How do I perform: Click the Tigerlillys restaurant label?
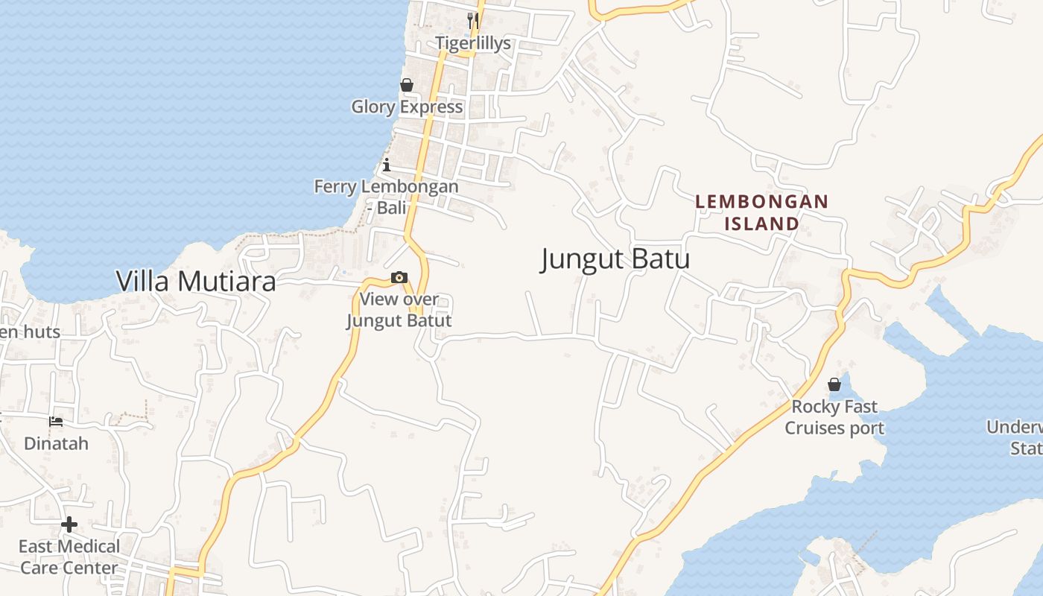pyautogui.click(x=473, y=43)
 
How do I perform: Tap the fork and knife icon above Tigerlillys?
pyautogui.click(x=472, y=19)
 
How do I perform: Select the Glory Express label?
pyautogui.click(x=407, y=107)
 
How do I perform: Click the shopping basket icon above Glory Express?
pyautogui.click(x=407, y=85)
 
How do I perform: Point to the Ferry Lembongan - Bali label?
pyautogui.click(x=386, y=197)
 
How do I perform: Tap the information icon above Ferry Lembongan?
pyautogui.click(x=386, y=165)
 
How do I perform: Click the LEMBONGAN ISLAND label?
pyautogui.click(x=761, y=212)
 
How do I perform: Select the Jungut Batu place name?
pyautogui.click(x=615, y=259)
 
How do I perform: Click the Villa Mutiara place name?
pyautogui.click(x=196, y=281)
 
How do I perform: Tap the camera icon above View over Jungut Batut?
pyautogui.click(x=399, y=278)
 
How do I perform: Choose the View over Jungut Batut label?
pyautogui.click(x=399, y=310)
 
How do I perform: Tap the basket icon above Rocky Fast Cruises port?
pyautogui.click(x=834, y=384)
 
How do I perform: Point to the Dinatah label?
pyautogui.click(x=56, y=443)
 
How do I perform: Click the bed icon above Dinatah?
pyautogui.click(x=56, y=422)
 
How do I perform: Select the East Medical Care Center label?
pyautogui.click(x=69, y=557)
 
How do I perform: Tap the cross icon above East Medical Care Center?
pyautogui.click(x=69, y=524)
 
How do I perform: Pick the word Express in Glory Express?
pyautogui.click(x=431, y=107)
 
